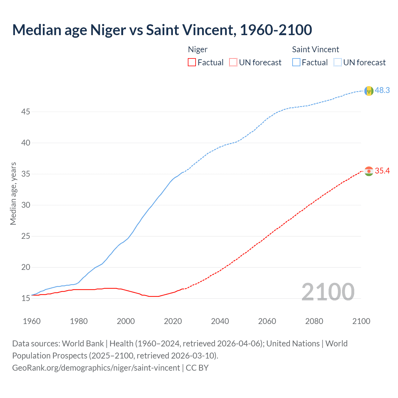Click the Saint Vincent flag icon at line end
coord(369,91)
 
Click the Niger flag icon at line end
coord(369,171)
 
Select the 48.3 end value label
coord(382,90)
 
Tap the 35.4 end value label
coord(382,171)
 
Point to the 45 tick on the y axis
coord(25,112)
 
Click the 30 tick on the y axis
coord(25,205)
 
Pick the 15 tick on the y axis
coord(25,298)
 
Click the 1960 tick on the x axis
coord(32,321)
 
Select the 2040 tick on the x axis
coord(220,321)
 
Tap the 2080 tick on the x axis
coord(314,321)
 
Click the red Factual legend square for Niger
coord(192,62)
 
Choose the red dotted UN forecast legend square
coord(233,62)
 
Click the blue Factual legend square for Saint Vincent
coord(296,62)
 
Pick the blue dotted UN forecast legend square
coord(337,62)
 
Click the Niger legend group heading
coord(198,49)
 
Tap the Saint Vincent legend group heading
coord(315,49)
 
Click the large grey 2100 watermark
coord(328,292)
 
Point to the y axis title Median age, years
coord(13,193)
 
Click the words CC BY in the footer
coord(197,368)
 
